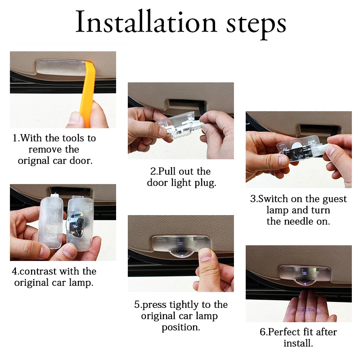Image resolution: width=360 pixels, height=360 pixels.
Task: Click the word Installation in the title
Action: [146, 22]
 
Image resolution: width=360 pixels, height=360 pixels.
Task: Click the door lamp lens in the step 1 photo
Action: [60, 67]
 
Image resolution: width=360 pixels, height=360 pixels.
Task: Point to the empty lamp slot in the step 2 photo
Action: [185, 104]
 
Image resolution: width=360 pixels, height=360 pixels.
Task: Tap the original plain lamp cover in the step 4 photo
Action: [51, 221]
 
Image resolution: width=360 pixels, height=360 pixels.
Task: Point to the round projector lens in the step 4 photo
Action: [75, 224]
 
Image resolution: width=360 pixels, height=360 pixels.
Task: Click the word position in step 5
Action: [181, 328]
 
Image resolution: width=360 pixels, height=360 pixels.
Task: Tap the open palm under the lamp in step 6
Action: [308, 306]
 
